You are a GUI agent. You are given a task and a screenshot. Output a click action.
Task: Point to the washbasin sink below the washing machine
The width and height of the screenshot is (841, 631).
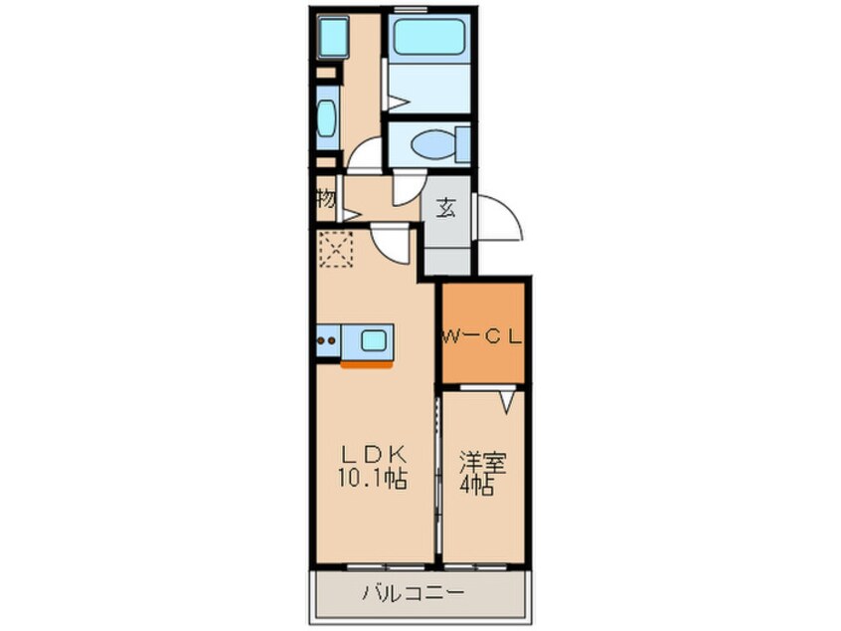pyautogui.click(x=328, y=117)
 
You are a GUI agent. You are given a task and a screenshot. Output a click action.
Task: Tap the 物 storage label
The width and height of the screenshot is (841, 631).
pyautogui.click(x=325, y=198)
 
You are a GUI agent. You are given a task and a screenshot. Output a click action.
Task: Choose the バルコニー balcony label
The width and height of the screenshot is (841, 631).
pyautogui.click(x=418, y=594)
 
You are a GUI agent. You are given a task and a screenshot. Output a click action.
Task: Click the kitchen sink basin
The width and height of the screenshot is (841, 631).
pyautogui.click(x=374, y=340)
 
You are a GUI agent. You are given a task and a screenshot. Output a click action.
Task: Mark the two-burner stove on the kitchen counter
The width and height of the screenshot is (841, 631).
pyautogui.click(x=326, y=340)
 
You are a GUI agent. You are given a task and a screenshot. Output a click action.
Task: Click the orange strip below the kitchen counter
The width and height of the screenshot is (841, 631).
pyautogui.click(x=365, y=364)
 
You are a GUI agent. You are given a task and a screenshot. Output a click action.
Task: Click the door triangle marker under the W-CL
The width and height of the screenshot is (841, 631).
pyautogui.click(x=507, y=401)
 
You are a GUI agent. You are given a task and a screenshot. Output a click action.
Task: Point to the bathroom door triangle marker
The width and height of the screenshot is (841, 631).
pyautogui.click(x=395, y=102)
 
